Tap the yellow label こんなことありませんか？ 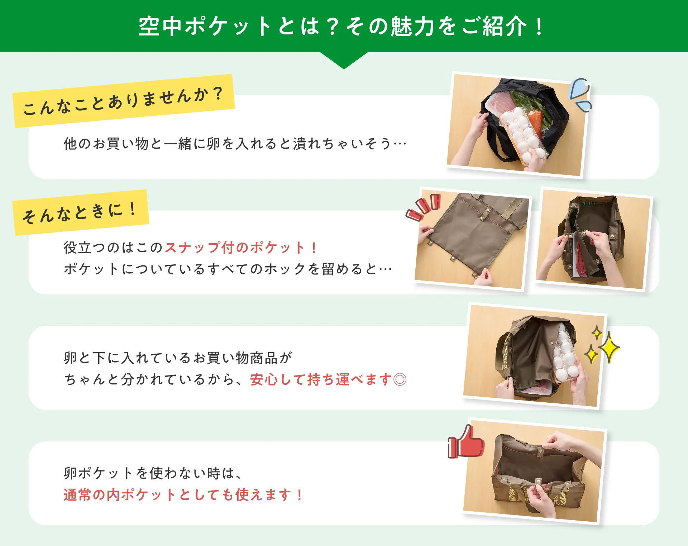124,101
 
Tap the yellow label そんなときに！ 81,212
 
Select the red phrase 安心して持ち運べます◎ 328,379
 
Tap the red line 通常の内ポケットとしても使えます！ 183,495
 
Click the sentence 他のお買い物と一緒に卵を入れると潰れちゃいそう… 235,144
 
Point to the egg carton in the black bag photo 521,134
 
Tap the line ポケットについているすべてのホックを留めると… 228,269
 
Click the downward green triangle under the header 344,59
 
